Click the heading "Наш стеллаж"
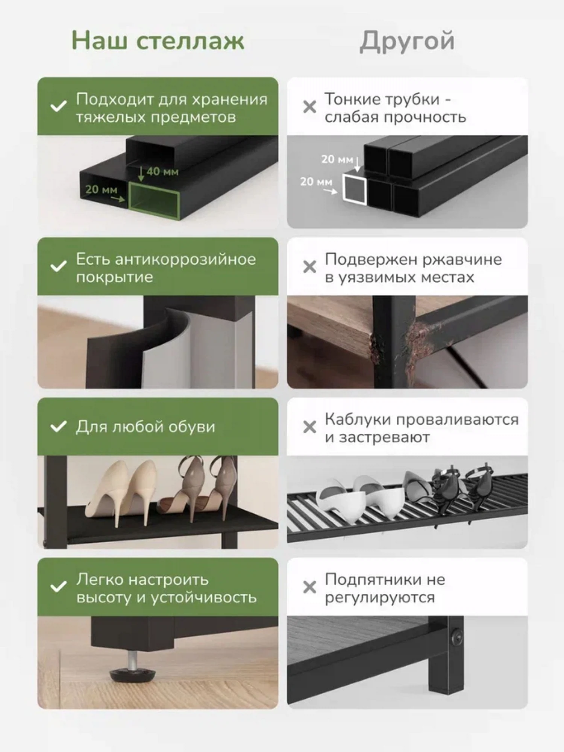click(x=158, y=41)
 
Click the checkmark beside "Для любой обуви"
click(x=58, y=427)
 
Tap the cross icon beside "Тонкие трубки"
click(x=309, y=107)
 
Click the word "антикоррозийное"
click(x=185, y=259)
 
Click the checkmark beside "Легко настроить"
click(x=58, y=587)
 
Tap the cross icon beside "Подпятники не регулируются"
click(x=309, y=587)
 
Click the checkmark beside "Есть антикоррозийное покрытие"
click(x=58, y=266)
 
